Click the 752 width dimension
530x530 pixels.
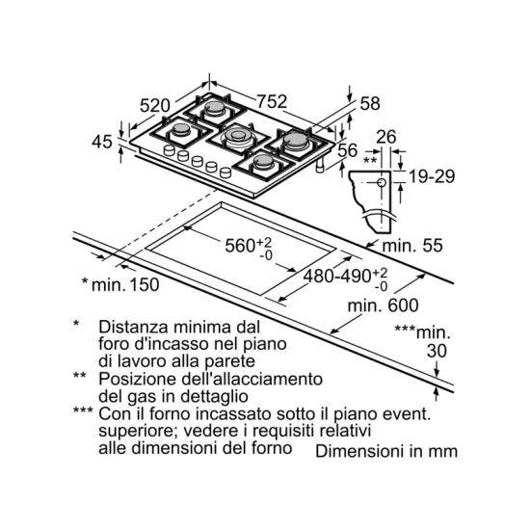tap(272, 101)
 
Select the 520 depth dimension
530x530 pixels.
tap(155, 105)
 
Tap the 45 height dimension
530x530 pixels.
tap(102, 142)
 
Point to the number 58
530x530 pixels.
tap(370, 103)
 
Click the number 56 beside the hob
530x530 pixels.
tap(348, 150)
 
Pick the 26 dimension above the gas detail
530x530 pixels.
tap(386, 137)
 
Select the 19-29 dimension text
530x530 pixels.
tap(432, 176)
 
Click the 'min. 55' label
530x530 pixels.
tap(412, 246)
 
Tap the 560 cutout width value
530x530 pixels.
tap(240, 246)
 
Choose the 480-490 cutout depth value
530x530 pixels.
tap(337, 277)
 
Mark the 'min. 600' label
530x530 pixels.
tap(383, 305)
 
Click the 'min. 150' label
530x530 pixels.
tap(125, 284)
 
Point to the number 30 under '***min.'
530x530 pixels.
tap(437, 351)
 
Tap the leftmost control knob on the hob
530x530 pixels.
tap(169, 150)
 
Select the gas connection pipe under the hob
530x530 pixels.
tap(319, 166)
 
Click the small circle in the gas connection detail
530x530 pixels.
tap(382, 183)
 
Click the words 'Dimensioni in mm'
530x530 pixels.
tap(386, 452)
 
